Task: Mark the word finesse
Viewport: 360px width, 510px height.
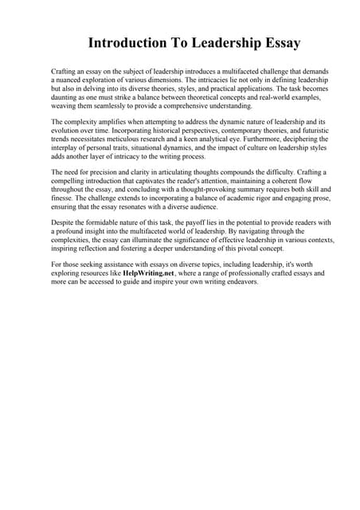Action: (65, 197)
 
